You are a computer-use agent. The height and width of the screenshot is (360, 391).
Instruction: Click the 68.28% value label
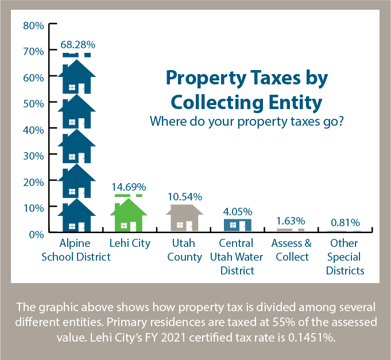pyautogui.click(x=76, y=44)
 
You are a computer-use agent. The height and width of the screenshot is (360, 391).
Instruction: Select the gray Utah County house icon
pyautogui.click(x=184, y=218)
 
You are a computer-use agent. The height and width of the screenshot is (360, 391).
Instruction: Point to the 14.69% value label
pyautogui.click(x=129, y=187)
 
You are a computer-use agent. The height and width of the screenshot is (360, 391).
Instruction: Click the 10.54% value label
pyautogui.click(x=185, y=197)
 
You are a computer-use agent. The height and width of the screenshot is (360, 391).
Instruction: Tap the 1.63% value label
pyautogui.click(x=291, y=220)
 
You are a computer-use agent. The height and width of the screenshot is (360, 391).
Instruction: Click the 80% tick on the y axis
pyautogui.click(x=33, y=25)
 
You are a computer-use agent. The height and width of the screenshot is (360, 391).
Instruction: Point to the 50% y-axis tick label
pyautogui.click(x=33, y=103)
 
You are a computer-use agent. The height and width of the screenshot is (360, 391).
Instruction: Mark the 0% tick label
pyautogui.click(x=36, y=234)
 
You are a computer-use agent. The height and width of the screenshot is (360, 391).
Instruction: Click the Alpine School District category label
pyautogui.click(x=76, y=250)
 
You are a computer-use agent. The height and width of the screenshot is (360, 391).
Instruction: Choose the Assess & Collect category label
pyautogui.click(x=291, y=250)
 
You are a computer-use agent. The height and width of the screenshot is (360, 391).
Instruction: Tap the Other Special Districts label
pyautogui.click(x=345, y=257)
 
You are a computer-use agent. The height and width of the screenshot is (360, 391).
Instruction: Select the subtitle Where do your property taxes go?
pyautogui.click(x=246, y=122)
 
